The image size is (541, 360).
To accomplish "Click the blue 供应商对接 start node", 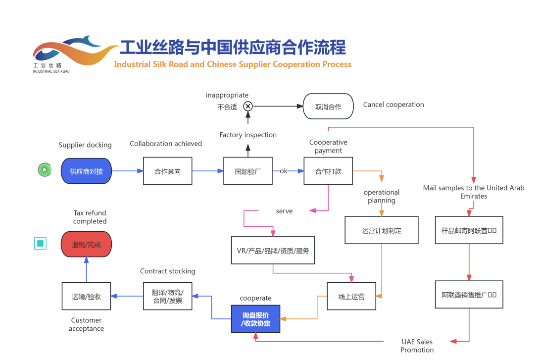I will pyautogui.click(x=87, y=171).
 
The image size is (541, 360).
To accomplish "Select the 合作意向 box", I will pyautogui.click(x=168, y=171).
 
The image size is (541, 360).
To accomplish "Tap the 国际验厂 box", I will pyautogui.click(x=248, y=171).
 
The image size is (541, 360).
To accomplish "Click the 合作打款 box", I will pyautogui.click(x=328, y=171).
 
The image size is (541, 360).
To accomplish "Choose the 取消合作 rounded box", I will pyautogui.click(x=328, y=106).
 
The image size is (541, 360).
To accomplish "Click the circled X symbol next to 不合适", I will pyautogui.click(x=248, y=106).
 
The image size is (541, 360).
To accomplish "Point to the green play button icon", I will pyautogui.click(x=45, y=170).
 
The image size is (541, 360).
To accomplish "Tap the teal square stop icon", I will pyautogui.click(x=41, y=243).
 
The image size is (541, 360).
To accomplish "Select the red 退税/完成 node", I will pyautogui.click(x=86, y=244).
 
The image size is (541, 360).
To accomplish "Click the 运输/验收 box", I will pyautogui.click(x=86, y=296).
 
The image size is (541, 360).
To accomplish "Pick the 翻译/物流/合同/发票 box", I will pyautogui.click(x=168, y=296).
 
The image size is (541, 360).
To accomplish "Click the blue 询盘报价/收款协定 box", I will pyautogui.click(x=255, y=319).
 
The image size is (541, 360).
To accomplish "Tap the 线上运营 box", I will pyautogui.click(x=351, y=296).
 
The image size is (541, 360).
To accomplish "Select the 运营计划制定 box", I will pyautogui.click(x=381, y=230).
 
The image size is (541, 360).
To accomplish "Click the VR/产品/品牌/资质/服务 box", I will pyautogui.click(x=273, y=250).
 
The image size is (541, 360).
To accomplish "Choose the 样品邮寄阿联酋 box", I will pyautogui.click(x=469, y=230).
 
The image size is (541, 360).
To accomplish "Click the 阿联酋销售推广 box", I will pyautogui.click(x=469, y=295).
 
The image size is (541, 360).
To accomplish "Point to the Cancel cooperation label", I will pyautogui.click(x=393, y=104).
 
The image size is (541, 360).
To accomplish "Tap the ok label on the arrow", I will pyautogui.click(x=284, y=171).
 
